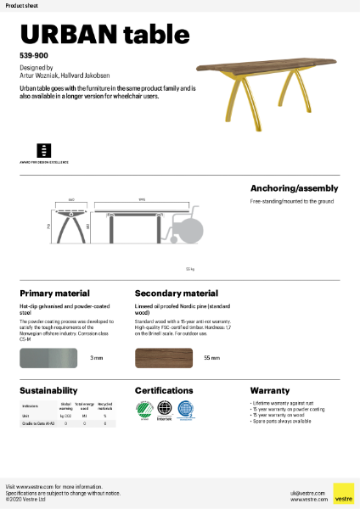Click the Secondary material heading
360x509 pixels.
click(x=177, y=294)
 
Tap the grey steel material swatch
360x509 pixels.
click(x=48, y=357)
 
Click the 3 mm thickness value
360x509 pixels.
click(x=97, y=358)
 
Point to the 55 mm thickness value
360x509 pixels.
click(x=212, y=358)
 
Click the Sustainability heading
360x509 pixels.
click(x=49, y=390)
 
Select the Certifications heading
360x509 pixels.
click(x=169, y=390)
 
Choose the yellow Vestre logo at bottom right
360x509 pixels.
click(x=343, y=493)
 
